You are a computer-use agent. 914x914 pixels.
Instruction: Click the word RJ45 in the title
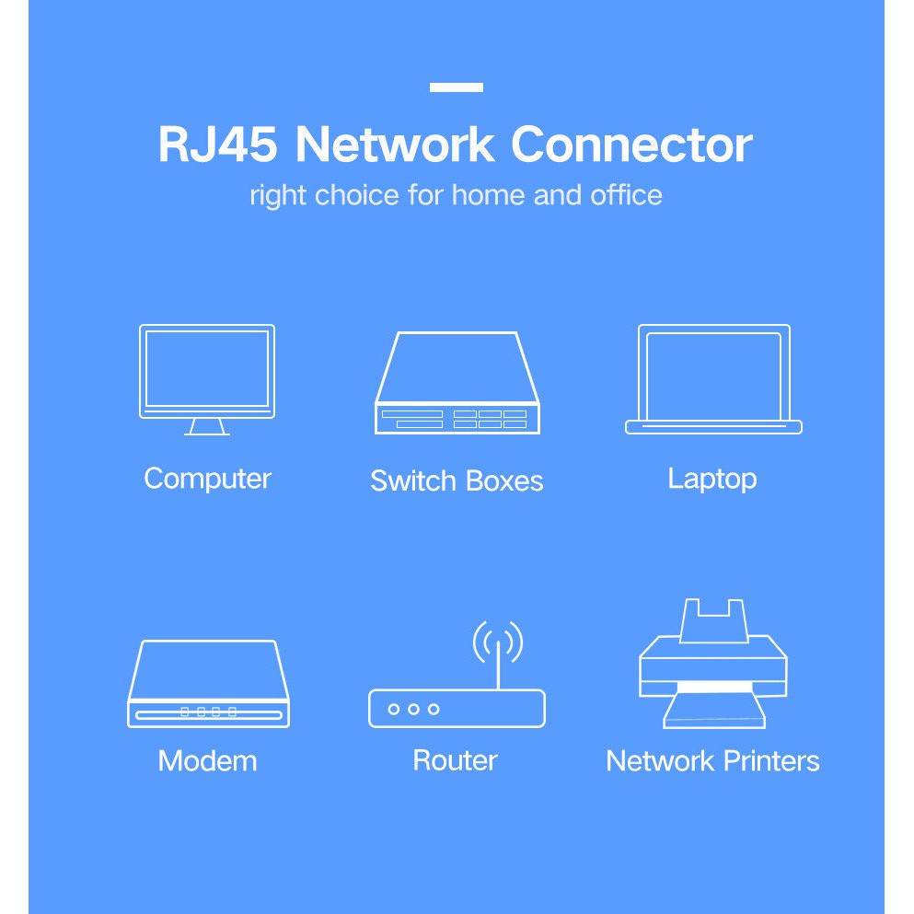[217, 145]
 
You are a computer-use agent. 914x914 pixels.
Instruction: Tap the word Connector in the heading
[631, 145]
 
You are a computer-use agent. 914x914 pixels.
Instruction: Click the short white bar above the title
[457, 87]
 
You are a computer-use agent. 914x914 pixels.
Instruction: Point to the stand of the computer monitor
[207, 427]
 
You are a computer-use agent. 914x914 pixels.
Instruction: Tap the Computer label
[207, 479]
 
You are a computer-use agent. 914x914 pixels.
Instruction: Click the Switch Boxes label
[457, 480]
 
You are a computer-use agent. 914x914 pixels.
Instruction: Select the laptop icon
[713, 378]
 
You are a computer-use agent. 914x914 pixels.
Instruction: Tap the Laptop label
[712, 479]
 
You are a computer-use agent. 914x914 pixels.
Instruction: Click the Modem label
[207, 761]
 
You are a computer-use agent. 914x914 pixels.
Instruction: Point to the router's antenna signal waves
[498, 642]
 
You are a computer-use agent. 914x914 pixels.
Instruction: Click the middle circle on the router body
[413, 709]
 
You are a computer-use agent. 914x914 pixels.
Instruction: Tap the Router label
[455, 760]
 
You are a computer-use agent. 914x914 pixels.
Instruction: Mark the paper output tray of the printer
[713, 710]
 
